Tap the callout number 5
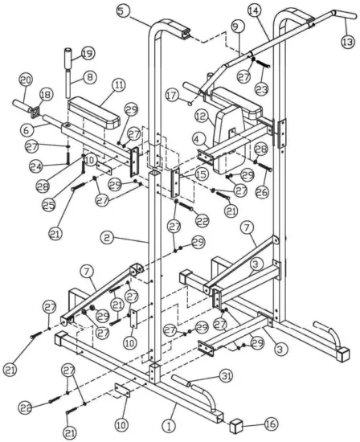[x=121, y=10]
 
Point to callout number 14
[x=254, y=10]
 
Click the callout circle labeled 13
[x=347, y=40]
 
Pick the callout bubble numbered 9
[x=235, y=27]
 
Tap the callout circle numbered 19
[x=87, y=53]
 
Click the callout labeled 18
[x=44, y=95]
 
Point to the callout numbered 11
[x=119, y=84]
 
